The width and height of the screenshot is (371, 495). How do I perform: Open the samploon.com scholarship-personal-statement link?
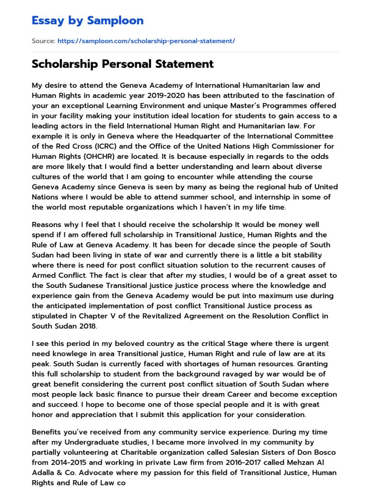click(146, 41)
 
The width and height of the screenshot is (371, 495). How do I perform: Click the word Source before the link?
click(43, 41)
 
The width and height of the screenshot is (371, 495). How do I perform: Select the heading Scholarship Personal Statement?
click(122, 64)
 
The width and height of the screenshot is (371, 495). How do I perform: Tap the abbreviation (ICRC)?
click(96, 146)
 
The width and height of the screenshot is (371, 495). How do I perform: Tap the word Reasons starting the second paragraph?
click(47, 225)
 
